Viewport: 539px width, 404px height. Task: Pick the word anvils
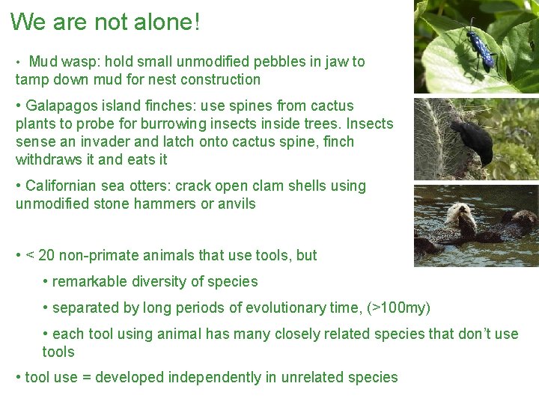[236, 203]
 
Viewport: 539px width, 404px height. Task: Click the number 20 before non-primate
[46, 255]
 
